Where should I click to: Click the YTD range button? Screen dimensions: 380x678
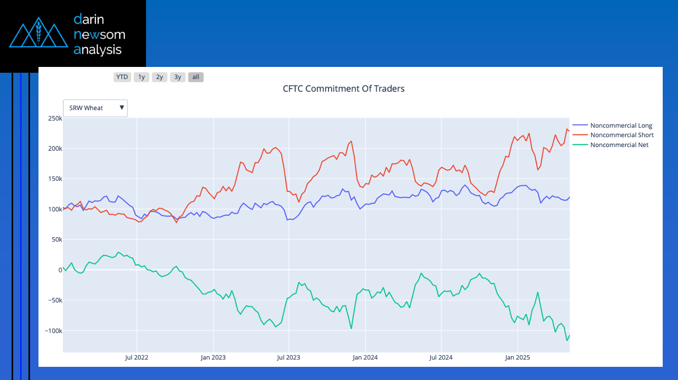coord(122,77)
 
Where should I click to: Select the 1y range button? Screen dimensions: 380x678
coord(141,77)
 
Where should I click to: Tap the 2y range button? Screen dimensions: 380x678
coord(159,77)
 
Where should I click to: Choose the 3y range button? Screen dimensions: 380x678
coord(178,77)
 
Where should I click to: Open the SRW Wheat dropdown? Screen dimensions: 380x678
coord(95,108)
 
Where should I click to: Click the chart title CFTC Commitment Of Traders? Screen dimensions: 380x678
coord(344,89)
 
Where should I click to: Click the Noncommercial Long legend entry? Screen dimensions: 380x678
coord(621,125)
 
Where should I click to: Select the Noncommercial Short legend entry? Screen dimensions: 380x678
coord(622,135)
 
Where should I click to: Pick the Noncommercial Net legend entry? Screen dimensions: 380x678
coord(619,144)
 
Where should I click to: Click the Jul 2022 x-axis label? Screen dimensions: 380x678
coord(137,357)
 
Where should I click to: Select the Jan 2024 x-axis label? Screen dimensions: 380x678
coord(365,357)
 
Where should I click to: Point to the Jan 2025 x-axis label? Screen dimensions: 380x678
coord(517,357)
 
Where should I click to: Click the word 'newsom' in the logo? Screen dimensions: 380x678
coord(100,35)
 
